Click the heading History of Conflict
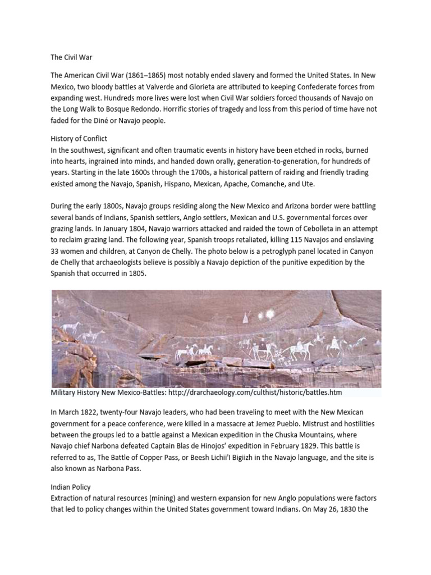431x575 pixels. [x=79, y=138]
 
